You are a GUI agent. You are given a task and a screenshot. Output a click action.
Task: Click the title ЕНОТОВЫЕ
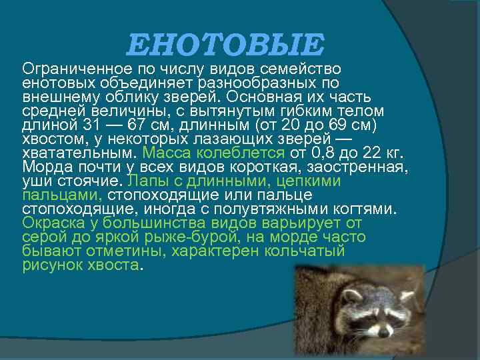pyautogui.click(x=225, y=45)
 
